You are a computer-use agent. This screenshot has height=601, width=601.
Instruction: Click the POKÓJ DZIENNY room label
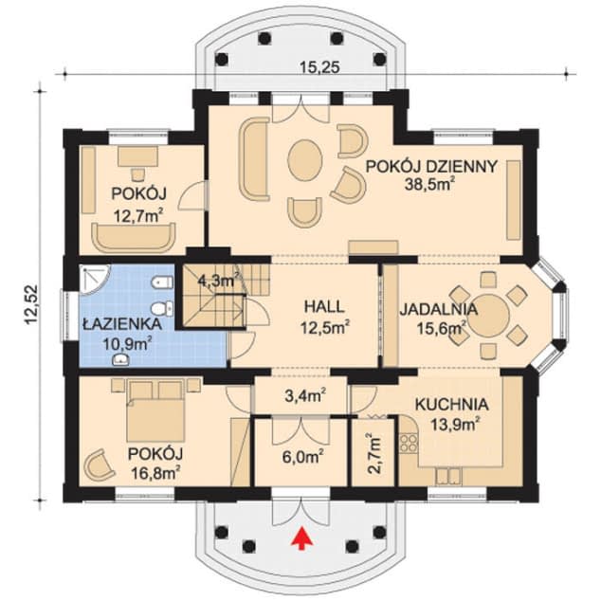(431, 165)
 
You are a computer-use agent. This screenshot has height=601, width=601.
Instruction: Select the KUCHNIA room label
(451, 402)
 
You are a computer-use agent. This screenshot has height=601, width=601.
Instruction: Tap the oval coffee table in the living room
(303, 160)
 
